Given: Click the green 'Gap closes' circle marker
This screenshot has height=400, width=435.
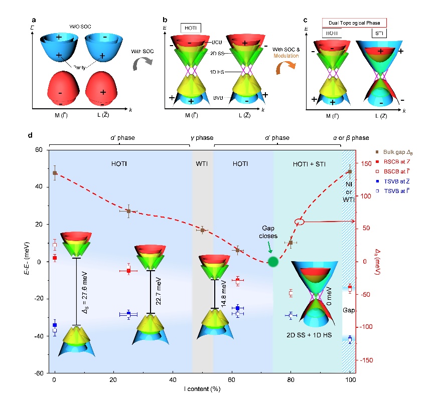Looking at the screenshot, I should [273, 261].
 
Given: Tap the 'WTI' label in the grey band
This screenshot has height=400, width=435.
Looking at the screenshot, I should [202, 163].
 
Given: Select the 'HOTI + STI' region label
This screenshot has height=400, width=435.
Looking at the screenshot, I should [307, 163].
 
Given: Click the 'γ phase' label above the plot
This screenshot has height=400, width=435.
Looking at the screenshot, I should [202, 138].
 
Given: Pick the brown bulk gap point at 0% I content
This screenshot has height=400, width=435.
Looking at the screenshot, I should [55, 173].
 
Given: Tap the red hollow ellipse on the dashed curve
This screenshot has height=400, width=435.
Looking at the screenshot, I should [299, 222].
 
